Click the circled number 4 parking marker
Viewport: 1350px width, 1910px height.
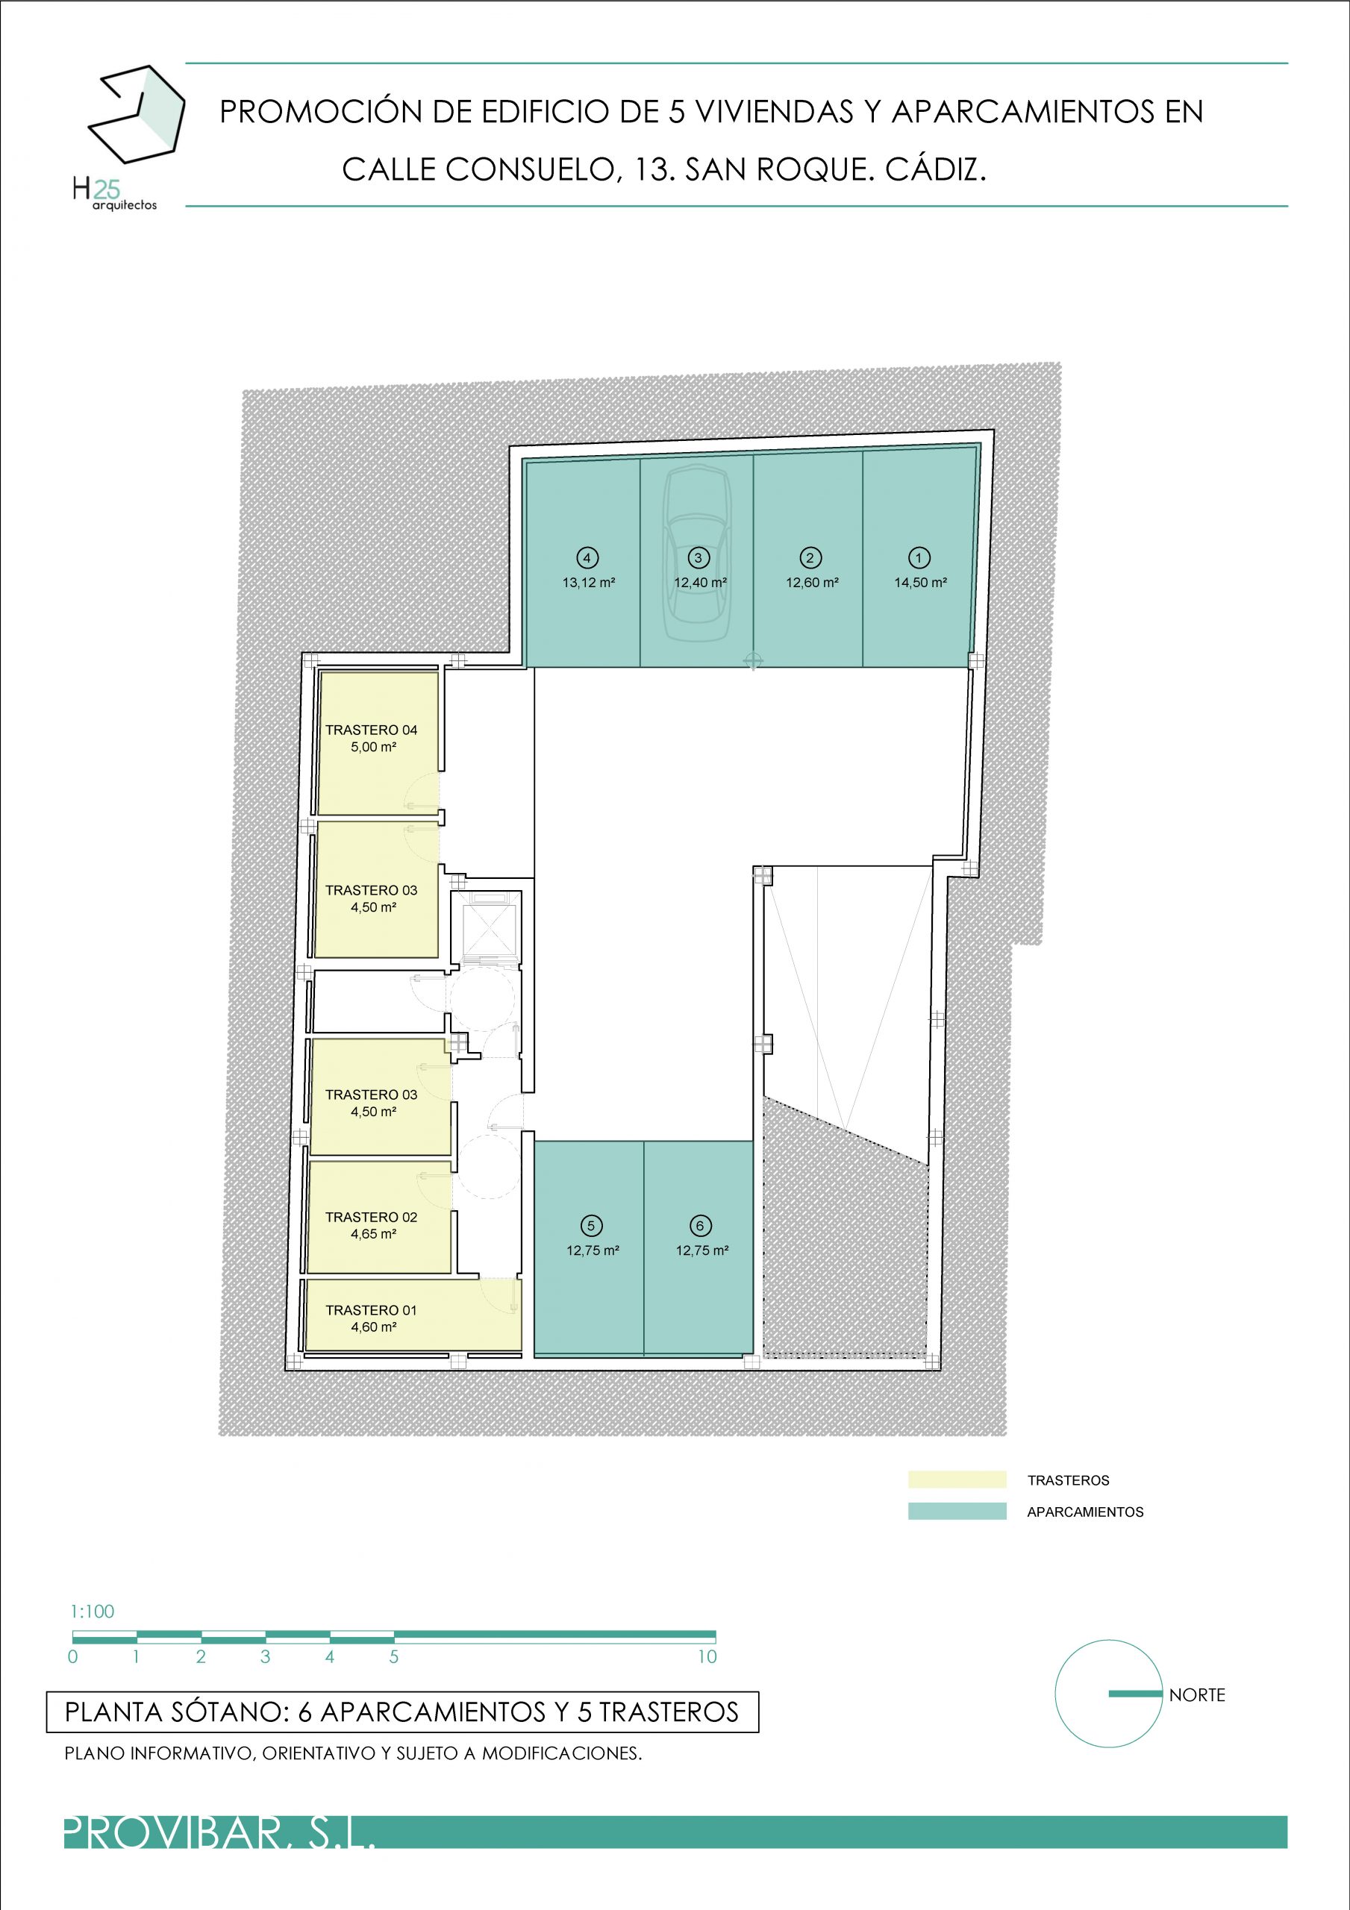point(587,558)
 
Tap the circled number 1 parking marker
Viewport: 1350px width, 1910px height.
point(919,558)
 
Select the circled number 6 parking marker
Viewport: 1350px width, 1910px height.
point(700,1225)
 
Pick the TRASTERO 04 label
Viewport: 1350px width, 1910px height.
point(371,730)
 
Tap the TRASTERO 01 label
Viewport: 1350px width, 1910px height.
point(371,1310)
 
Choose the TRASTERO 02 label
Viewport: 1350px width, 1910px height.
point(371,1217)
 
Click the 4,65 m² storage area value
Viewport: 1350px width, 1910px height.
point(373,1235)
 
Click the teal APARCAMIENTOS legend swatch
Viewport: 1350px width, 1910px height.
point(957,1512)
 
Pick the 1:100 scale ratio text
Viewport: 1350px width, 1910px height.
point(93,1612)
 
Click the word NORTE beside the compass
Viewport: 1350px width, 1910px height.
point(1197,1695)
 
